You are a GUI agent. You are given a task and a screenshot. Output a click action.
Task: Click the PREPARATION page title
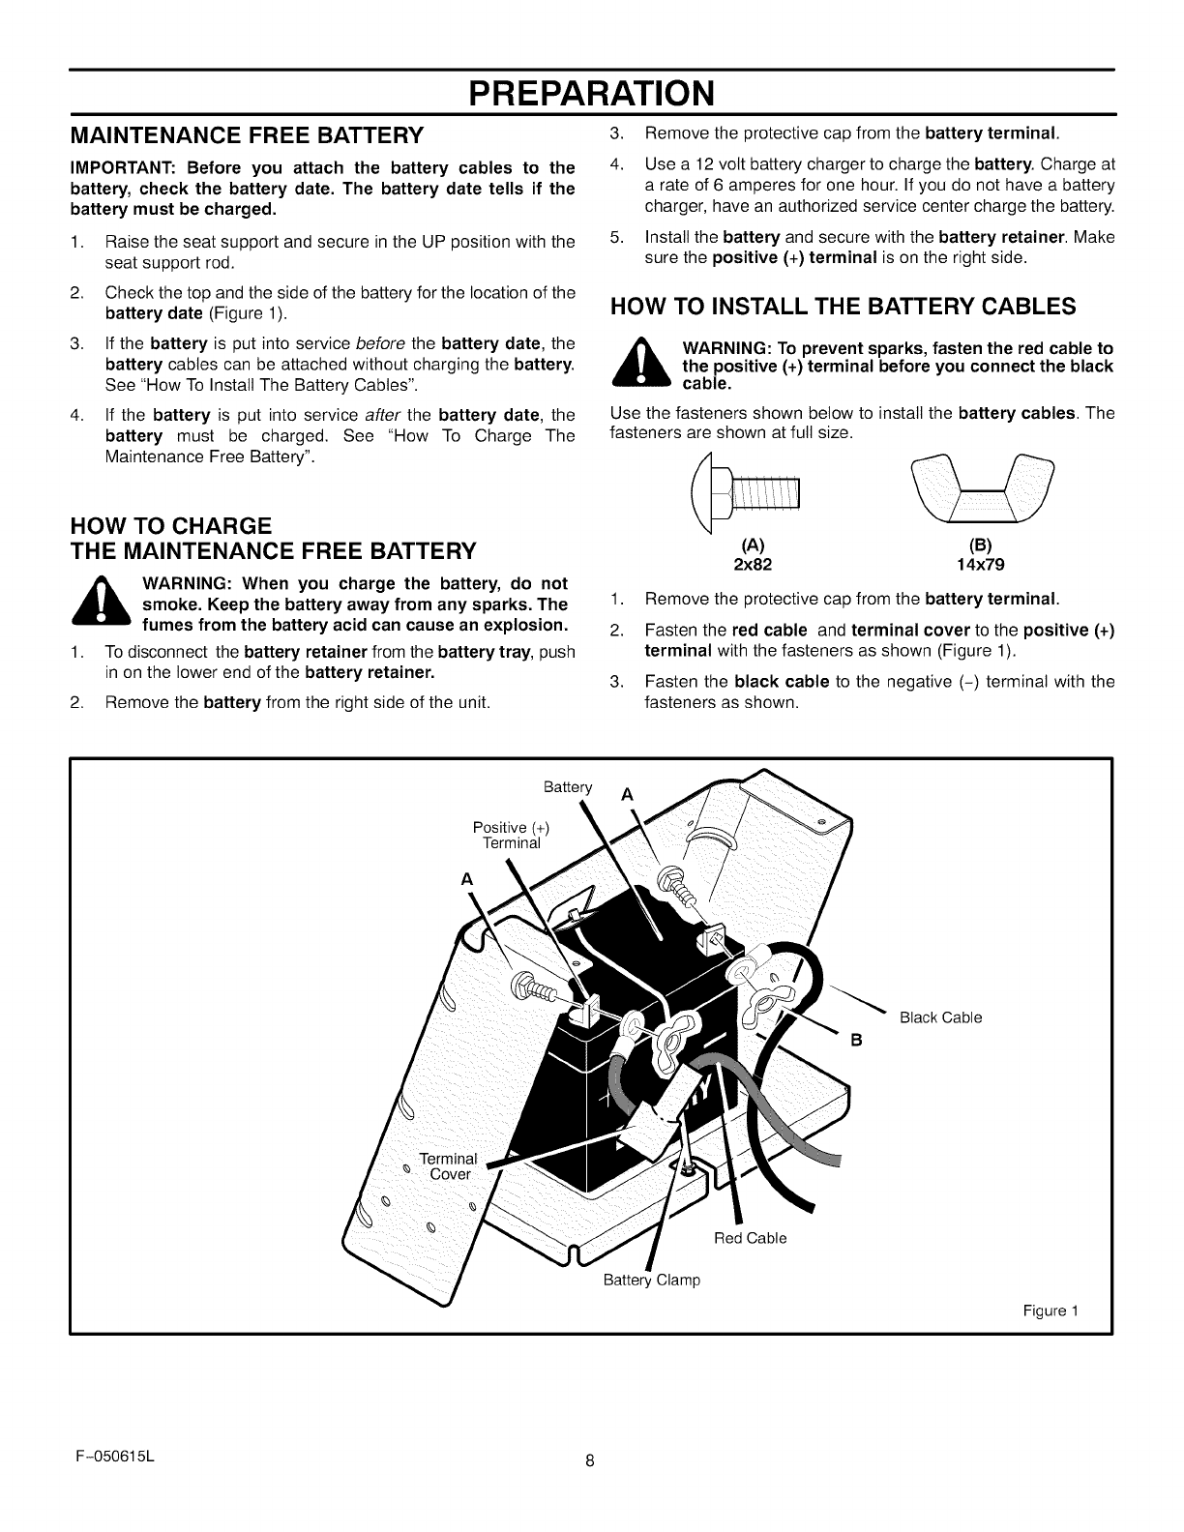coord(592,93)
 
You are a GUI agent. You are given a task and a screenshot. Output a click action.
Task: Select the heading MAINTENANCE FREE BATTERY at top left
coord(247,133)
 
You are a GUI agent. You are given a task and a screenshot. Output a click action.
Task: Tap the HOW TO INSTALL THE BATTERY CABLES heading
coord(843,307)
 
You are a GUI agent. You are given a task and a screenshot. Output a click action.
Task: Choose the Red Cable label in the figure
coord(750,1238)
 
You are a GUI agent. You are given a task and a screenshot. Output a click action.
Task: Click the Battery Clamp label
coord(651,1280)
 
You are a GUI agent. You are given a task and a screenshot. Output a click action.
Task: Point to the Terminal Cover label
coord(449,1166)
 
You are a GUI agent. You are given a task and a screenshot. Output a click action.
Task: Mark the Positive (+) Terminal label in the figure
coord(512,835)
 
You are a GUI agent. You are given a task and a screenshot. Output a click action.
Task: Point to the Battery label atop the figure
coord(567,786)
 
